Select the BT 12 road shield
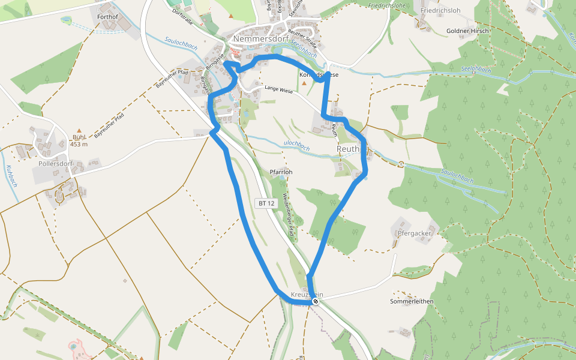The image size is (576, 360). coord(266,203)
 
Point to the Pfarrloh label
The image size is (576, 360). coord(281,172)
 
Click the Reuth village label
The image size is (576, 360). coord(348,148)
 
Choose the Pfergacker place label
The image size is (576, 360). coord(415,233)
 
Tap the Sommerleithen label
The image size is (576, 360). coord(412,301)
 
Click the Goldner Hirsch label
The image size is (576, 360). coord(468,31)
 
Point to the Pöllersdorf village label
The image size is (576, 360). coord(55,164)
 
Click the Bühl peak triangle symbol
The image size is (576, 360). coord(79,130)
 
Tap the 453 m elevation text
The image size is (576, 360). coord(79,144)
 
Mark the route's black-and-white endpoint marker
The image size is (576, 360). coord(316,301)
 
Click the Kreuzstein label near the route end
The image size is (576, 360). coord(307,295)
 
